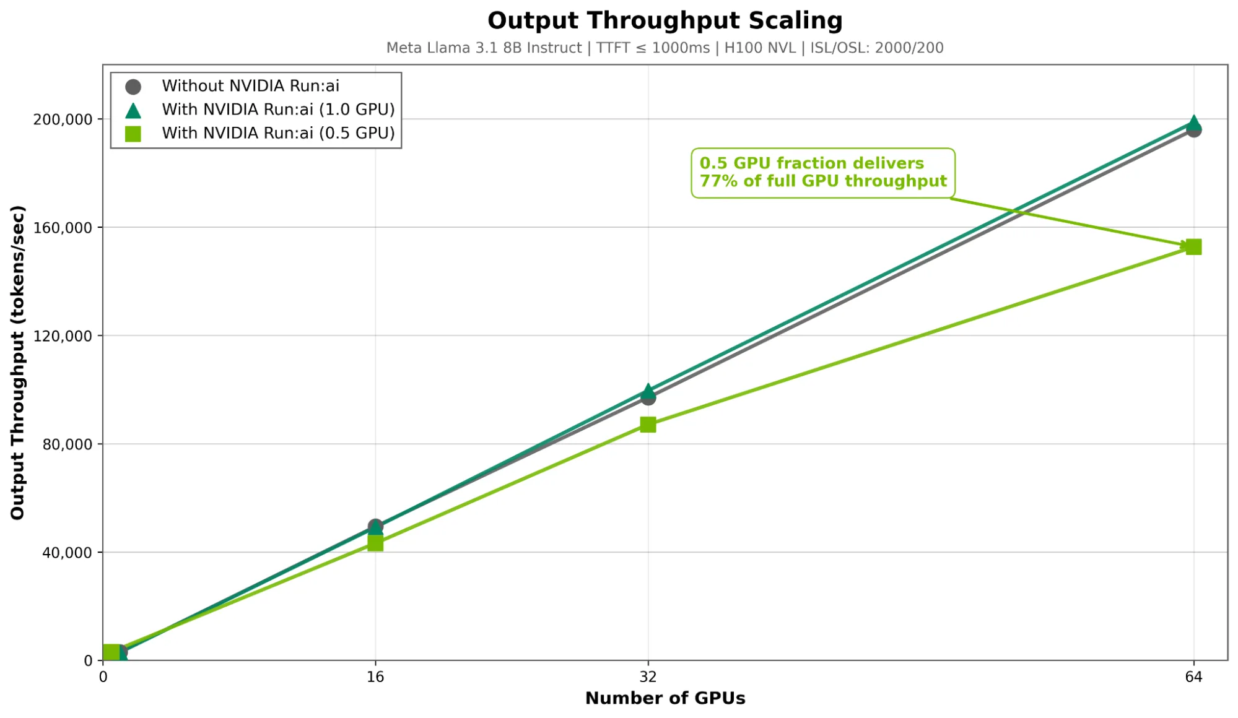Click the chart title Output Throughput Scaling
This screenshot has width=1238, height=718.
pyautogui.click(x=665, y=20)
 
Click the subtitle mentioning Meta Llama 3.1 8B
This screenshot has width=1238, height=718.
pyautogui.click(x=665, y=48)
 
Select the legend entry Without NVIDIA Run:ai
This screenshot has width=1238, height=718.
pyautogui.click(x=250, y=86)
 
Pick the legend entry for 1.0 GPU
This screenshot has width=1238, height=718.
pyautogui.click(x=277, y=110)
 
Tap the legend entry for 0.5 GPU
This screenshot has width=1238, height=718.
pyautogui.click(x=277, y=133)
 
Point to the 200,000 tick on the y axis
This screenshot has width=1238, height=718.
pyautogui.click(x=63, y=119)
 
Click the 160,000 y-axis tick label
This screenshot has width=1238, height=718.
pyautogui.click(x=63, y=228)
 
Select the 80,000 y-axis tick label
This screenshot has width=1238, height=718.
pyautogui.click(x=67, y=444)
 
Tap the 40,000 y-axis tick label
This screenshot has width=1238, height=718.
pyautogui.click(x=67, y=553)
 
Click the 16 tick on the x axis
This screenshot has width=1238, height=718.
pyautogui.click(x=375, y=677)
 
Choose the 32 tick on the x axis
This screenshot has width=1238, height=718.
pyautogui.click(x=648, y=677)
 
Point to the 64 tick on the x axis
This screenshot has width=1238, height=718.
pyautogui.click(x=1193, y=677)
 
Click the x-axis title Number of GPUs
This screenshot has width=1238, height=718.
pyautogui.click(x=665, y=698)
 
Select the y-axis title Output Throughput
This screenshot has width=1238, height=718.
pyautogui.click(x=17, y=363)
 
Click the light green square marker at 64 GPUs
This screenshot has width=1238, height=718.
pyautogui.click(x=1193, y=247)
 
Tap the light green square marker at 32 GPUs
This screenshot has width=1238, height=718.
pyautogui.click(x=648, y=425)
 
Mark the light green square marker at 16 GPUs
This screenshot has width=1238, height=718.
pyautogui.click(x=375, y=543)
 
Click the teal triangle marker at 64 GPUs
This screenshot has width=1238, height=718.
pyautogui.click(x=1193, y=122)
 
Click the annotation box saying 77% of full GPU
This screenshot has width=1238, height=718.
pyautogui.click(x=822, y=173)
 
